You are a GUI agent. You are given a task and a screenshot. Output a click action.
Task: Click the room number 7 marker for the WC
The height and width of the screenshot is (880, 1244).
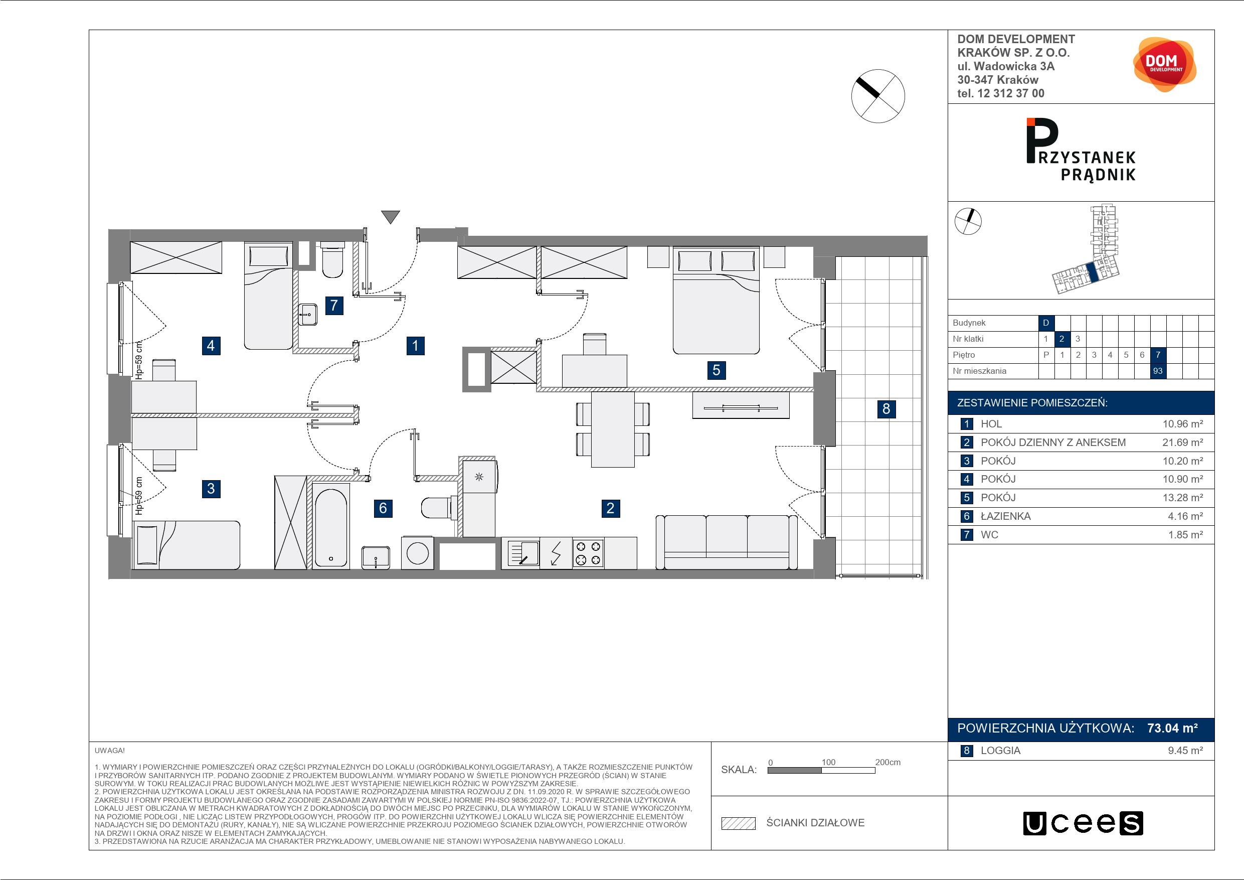pos(334,305)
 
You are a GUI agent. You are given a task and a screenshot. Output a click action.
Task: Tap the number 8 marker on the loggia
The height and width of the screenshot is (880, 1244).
pos(886,408)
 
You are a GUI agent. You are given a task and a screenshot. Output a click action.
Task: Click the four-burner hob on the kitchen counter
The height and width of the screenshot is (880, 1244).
pos(588,553)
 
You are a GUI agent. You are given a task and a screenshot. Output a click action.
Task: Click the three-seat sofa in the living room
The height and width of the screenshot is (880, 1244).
pos(727,542)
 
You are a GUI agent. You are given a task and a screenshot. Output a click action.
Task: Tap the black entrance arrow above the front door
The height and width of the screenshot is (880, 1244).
pos(390,217)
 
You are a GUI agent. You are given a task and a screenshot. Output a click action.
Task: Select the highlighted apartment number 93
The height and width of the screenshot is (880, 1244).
pos(1158,371)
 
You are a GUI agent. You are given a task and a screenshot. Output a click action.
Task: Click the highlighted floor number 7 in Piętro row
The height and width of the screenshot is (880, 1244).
pos(1158,355)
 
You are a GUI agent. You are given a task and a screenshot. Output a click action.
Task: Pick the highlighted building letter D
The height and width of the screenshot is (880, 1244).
pos(1046,323)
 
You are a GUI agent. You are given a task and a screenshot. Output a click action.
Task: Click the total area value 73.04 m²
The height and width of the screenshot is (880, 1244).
pos(1172,727)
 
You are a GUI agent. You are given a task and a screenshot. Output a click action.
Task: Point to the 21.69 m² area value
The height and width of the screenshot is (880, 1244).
pos(1182,443)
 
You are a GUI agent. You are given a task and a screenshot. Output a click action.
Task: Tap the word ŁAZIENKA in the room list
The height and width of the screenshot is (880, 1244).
pos(1006,516)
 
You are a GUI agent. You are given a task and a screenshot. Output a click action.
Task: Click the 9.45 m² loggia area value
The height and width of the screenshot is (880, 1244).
pos(1185,751)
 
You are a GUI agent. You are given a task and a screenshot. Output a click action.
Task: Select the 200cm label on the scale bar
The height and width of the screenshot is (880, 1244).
pos(887,762)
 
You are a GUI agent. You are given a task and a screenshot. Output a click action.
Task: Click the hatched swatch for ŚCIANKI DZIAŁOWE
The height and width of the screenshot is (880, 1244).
pos(738,823)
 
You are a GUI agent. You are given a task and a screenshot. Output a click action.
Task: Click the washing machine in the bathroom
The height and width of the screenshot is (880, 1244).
pos(417,553)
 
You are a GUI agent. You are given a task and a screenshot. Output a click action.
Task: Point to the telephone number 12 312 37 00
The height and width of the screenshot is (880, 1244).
pos(1010,93)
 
